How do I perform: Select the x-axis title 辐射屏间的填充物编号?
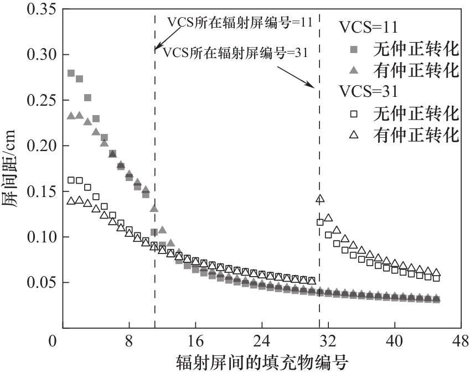(262, 362)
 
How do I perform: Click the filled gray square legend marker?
(354, 50)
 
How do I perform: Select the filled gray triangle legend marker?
(354, 70)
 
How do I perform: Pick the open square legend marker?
(354, 113)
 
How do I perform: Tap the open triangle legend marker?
(354, 134)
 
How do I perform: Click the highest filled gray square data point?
(71, 73)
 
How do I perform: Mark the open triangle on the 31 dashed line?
(319, 199)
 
